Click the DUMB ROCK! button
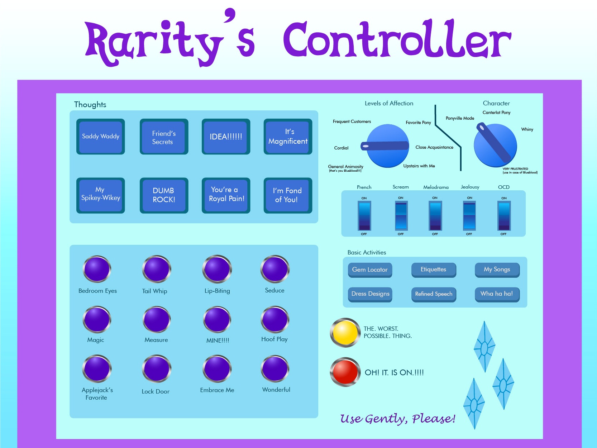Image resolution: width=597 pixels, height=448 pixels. click(x=164, y=195)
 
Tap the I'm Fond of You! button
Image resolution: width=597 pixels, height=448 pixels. click(x=288, y=195)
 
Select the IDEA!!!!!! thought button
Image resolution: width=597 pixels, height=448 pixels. click(x=226, y=137)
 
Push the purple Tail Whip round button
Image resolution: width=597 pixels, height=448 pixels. click(x=157, y=269)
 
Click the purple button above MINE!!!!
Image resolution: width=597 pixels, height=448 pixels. click(x=217, y=319)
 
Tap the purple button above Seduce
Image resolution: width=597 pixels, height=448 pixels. click(x=275, y=269)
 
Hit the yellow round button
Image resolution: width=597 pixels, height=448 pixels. click(x=345, y=332)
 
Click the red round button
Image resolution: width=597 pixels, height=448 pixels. click(x=345, y=372)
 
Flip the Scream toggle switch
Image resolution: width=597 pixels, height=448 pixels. click(x=401, y=215)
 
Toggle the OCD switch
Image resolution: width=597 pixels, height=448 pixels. click(x=504, y=216)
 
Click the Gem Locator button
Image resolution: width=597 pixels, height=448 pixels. click(x=370, y=270)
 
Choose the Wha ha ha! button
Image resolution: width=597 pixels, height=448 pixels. click(x=497, y=294)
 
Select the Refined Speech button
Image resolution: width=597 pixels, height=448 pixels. click(x=434, y=294)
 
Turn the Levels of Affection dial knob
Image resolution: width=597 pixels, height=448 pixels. click(x=387, y=146)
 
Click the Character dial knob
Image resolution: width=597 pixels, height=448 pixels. click(x=495, y=145)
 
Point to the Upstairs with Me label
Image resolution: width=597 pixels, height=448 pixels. click(x=419, y=166)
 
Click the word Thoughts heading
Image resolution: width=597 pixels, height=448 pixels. click(x=90, y=105)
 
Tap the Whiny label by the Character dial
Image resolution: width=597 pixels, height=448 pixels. click(x=527, y=129)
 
